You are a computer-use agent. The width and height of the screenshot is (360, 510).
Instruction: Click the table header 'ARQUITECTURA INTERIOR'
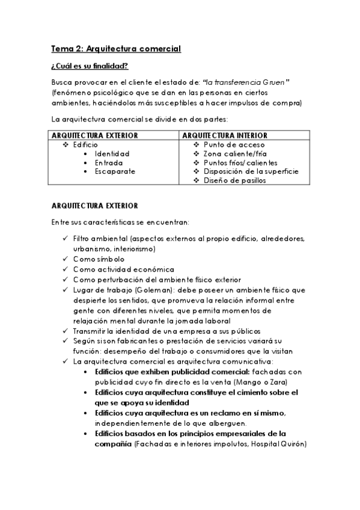coord(225,135)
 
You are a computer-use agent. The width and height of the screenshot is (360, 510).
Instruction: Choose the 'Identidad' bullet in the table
coord(112,154)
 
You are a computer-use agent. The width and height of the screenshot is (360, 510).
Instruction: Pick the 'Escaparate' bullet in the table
coord(114,171)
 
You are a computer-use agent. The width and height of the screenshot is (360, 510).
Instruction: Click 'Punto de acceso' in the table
coord(234,145)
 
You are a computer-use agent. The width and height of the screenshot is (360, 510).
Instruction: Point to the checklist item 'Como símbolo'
coord(99,259)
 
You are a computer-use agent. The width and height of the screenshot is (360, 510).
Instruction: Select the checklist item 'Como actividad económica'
coord(123,269)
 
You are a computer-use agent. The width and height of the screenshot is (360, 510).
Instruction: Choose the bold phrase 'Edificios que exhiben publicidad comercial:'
coord(165,372)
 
